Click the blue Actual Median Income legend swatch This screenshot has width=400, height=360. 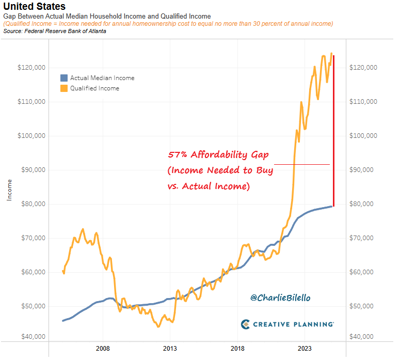coord(64,78)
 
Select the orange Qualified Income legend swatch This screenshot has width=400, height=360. coord(64,88)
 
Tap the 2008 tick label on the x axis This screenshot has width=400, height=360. coord(103,349)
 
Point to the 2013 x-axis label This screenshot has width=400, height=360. coord(170,349)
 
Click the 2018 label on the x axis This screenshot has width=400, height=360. coord(237,349)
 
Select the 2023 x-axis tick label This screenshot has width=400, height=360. coord(305,349)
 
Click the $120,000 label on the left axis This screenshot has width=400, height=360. coord(32,68)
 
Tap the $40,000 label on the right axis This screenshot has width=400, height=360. coord(363,337)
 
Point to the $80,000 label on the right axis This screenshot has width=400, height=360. coord(363,204)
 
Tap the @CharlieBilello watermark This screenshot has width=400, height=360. coord(280,298)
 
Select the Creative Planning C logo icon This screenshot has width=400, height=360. coord(246,324)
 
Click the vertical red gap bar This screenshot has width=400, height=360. coord(333,129)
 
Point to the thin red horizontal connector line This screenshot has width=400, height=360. coord(301,164)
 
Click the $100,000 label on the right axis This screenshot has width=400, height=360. coord(363,136)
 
